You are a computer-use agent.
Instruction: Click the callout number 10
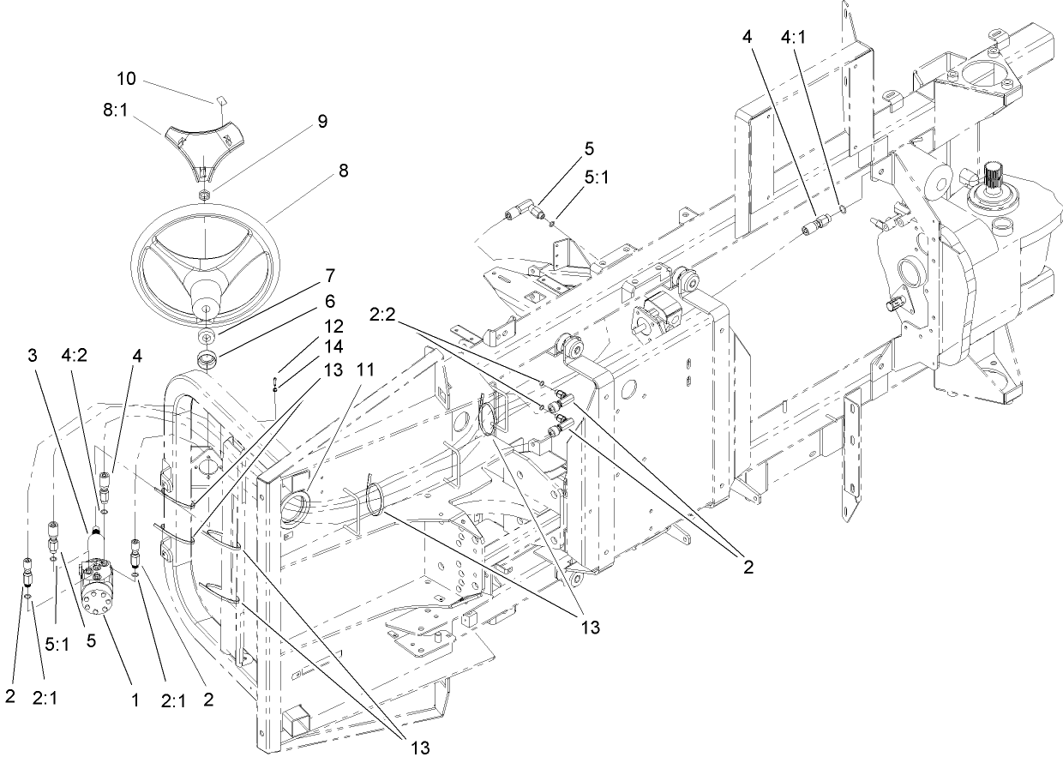tap(126, 79)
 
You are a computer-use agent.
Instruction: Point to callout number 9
tap(321, 122)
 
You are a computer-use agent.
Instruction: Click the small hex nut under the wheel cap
tap(206, 195)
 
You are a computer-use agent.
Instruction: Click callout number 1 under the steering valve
tap(135, 700)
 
